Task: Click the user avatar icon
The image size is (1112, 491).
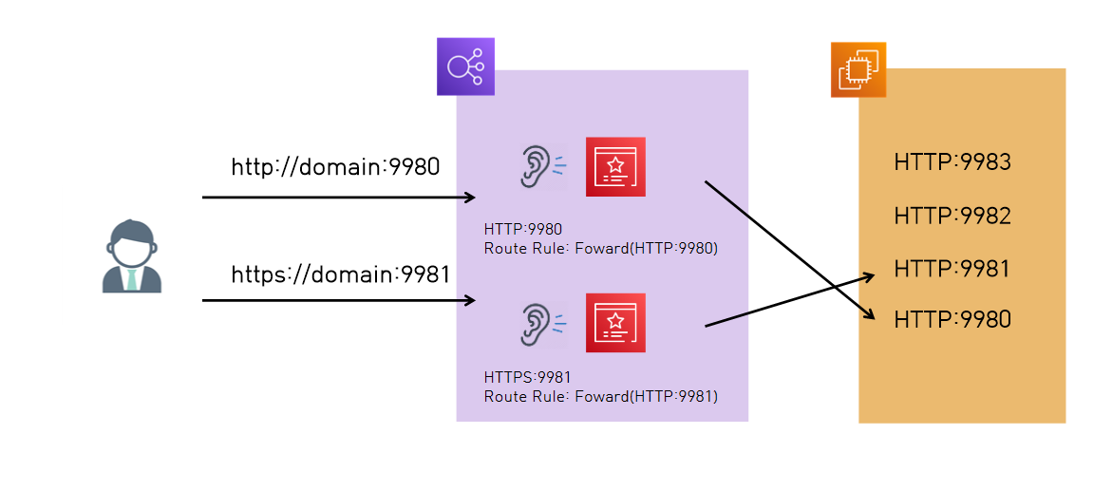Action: tap(132, 256)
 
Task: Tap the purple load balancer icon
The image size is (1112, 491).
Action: tap(465, 66)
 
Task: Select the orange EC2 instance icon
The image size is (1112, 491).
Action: tap(858, 69)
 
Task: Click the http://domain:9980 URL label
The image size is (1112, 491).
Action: tap(335, 168)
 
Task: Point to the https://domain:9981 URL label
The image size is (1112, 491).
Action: tap(340, 275)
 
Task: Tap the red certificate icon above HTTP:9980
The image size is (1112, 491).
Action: tap(615, 167)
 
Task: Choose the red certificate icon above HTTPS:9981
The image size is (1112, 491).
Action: tap(615, 323)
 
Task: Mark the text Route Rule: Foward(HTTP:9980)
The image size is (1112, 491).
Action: tap(600, 249)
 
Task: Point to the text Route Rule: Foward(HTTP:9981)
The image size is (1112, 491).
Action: tap(600, 396)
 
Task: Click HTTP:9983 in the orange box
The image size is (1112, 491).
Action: tap(952, 162)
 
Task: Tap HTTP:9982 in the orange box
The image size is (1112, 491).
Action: tap(952, 216)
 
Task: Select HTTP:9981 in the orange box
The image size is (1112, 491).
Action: tap(952, 269)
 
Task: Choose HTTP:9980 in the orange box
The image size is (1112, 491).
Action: tap(952, 320)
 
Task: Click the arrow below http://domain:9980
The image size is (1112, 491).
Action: tap(338, 198)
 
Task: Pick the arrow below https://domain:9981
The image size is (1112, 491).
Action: tap(338, 301)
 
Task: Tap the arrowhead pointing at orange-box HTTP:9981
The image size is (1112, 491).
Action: tap(868, 276)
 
